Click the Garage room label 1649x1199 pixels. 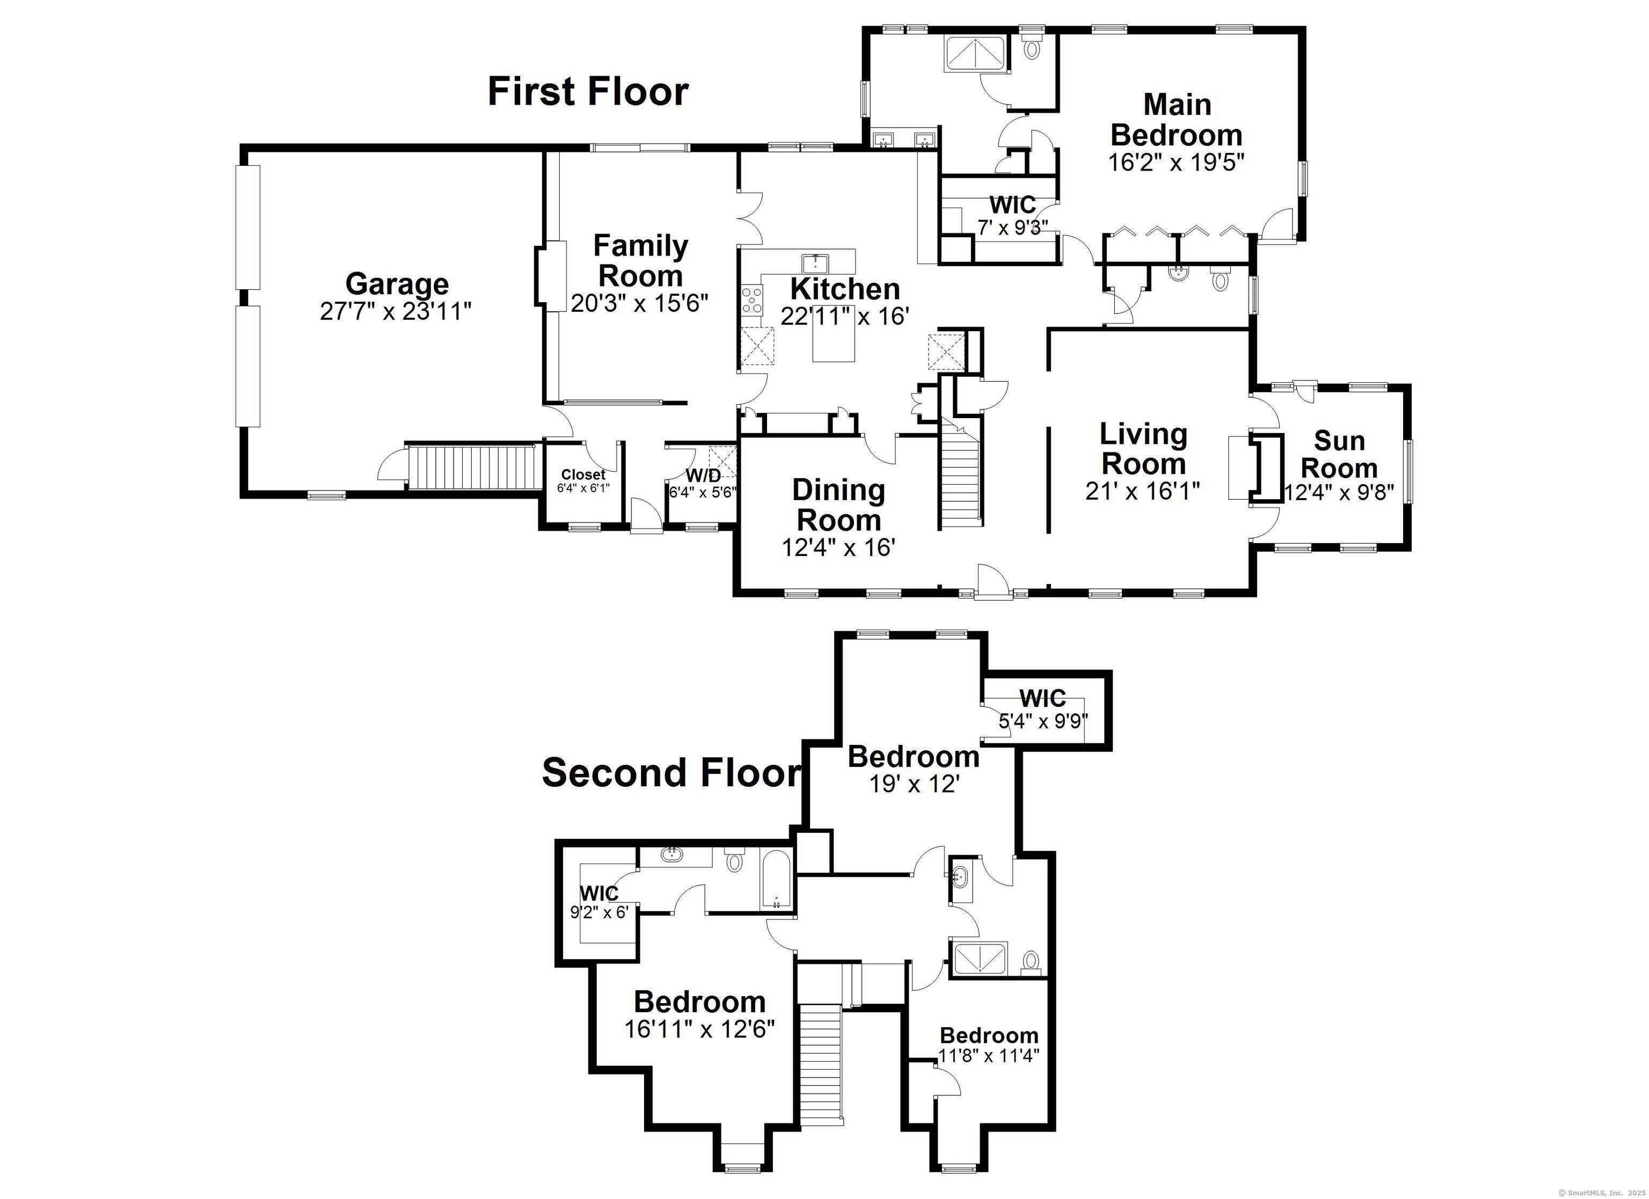397,283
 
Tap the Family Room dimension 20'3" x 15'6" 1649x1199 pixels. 640,303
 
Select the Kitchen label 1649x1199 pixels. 845,289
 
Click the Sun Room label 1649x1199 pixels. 1339,455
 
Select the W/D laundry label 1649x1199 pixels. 703,476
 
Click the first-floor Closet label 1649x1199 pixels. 583,475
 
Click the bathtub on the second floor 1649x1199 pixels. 777,880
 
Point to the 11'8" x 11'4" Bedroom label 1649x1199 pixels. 989,1035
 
